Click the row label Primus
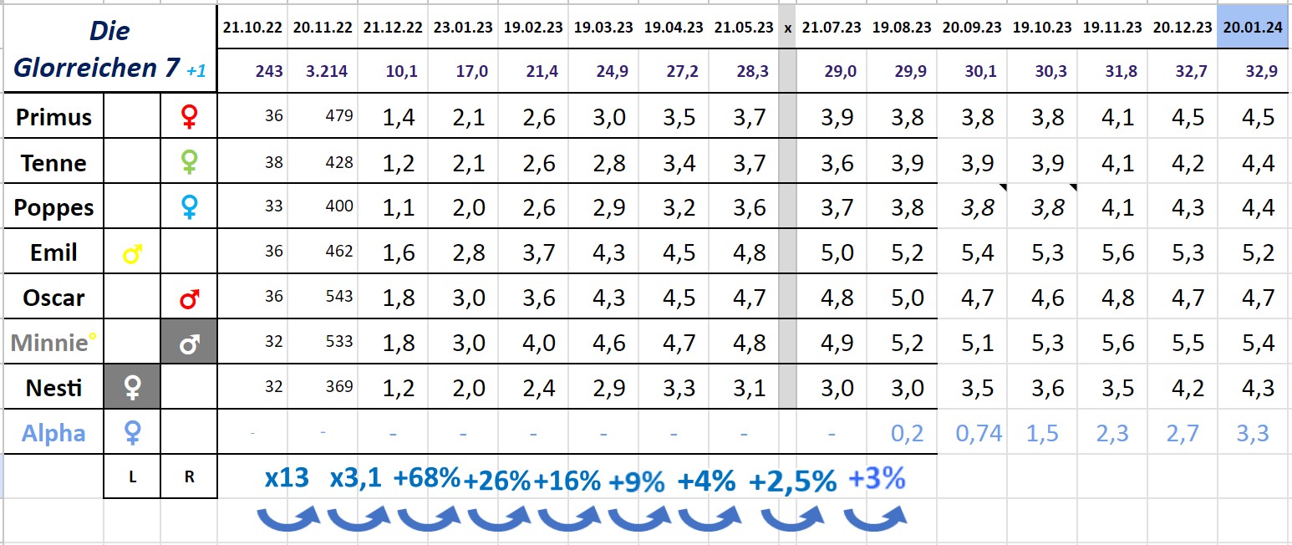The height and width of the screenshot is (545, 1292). [x=53, y=117]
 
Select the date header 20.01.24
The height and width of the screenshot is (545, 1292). [x=1252, y=27]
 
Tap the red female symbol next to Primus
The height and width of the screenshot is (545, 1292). [x=189, y=117]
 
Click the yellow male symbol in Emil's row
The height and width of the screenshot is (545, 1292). [x=131, y=253]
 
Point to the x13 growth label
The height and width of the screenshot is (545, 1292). [x=287, y=479]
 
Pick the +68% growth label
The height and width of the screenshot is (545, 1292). [x=426, y=479]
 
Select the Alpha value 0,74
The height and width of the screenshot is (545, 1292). [x=979, y=433]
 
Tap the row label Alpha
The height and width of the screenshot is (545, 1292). [x=53, y=433]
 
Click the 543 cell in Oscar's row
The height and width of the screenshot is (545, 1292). [x=339, y=297]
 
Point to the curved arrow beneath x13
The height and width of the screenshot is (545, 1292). [x=287, y=519]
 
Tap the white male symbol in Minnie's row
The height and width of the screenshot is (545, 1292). [x=189, y=343]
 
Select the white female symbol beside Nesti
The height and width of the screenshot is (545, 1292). [x=132, y=388]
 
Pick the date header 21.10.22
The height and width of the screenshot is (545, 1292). [x=252, y=27]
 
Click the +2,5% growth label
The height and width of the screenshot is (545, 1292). [x=792, y=481]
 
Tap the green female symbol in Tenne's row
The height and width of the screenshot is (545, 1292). [x=189, y=162]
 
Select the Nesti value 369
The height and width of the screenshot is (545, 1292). [x=339, y=387]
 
